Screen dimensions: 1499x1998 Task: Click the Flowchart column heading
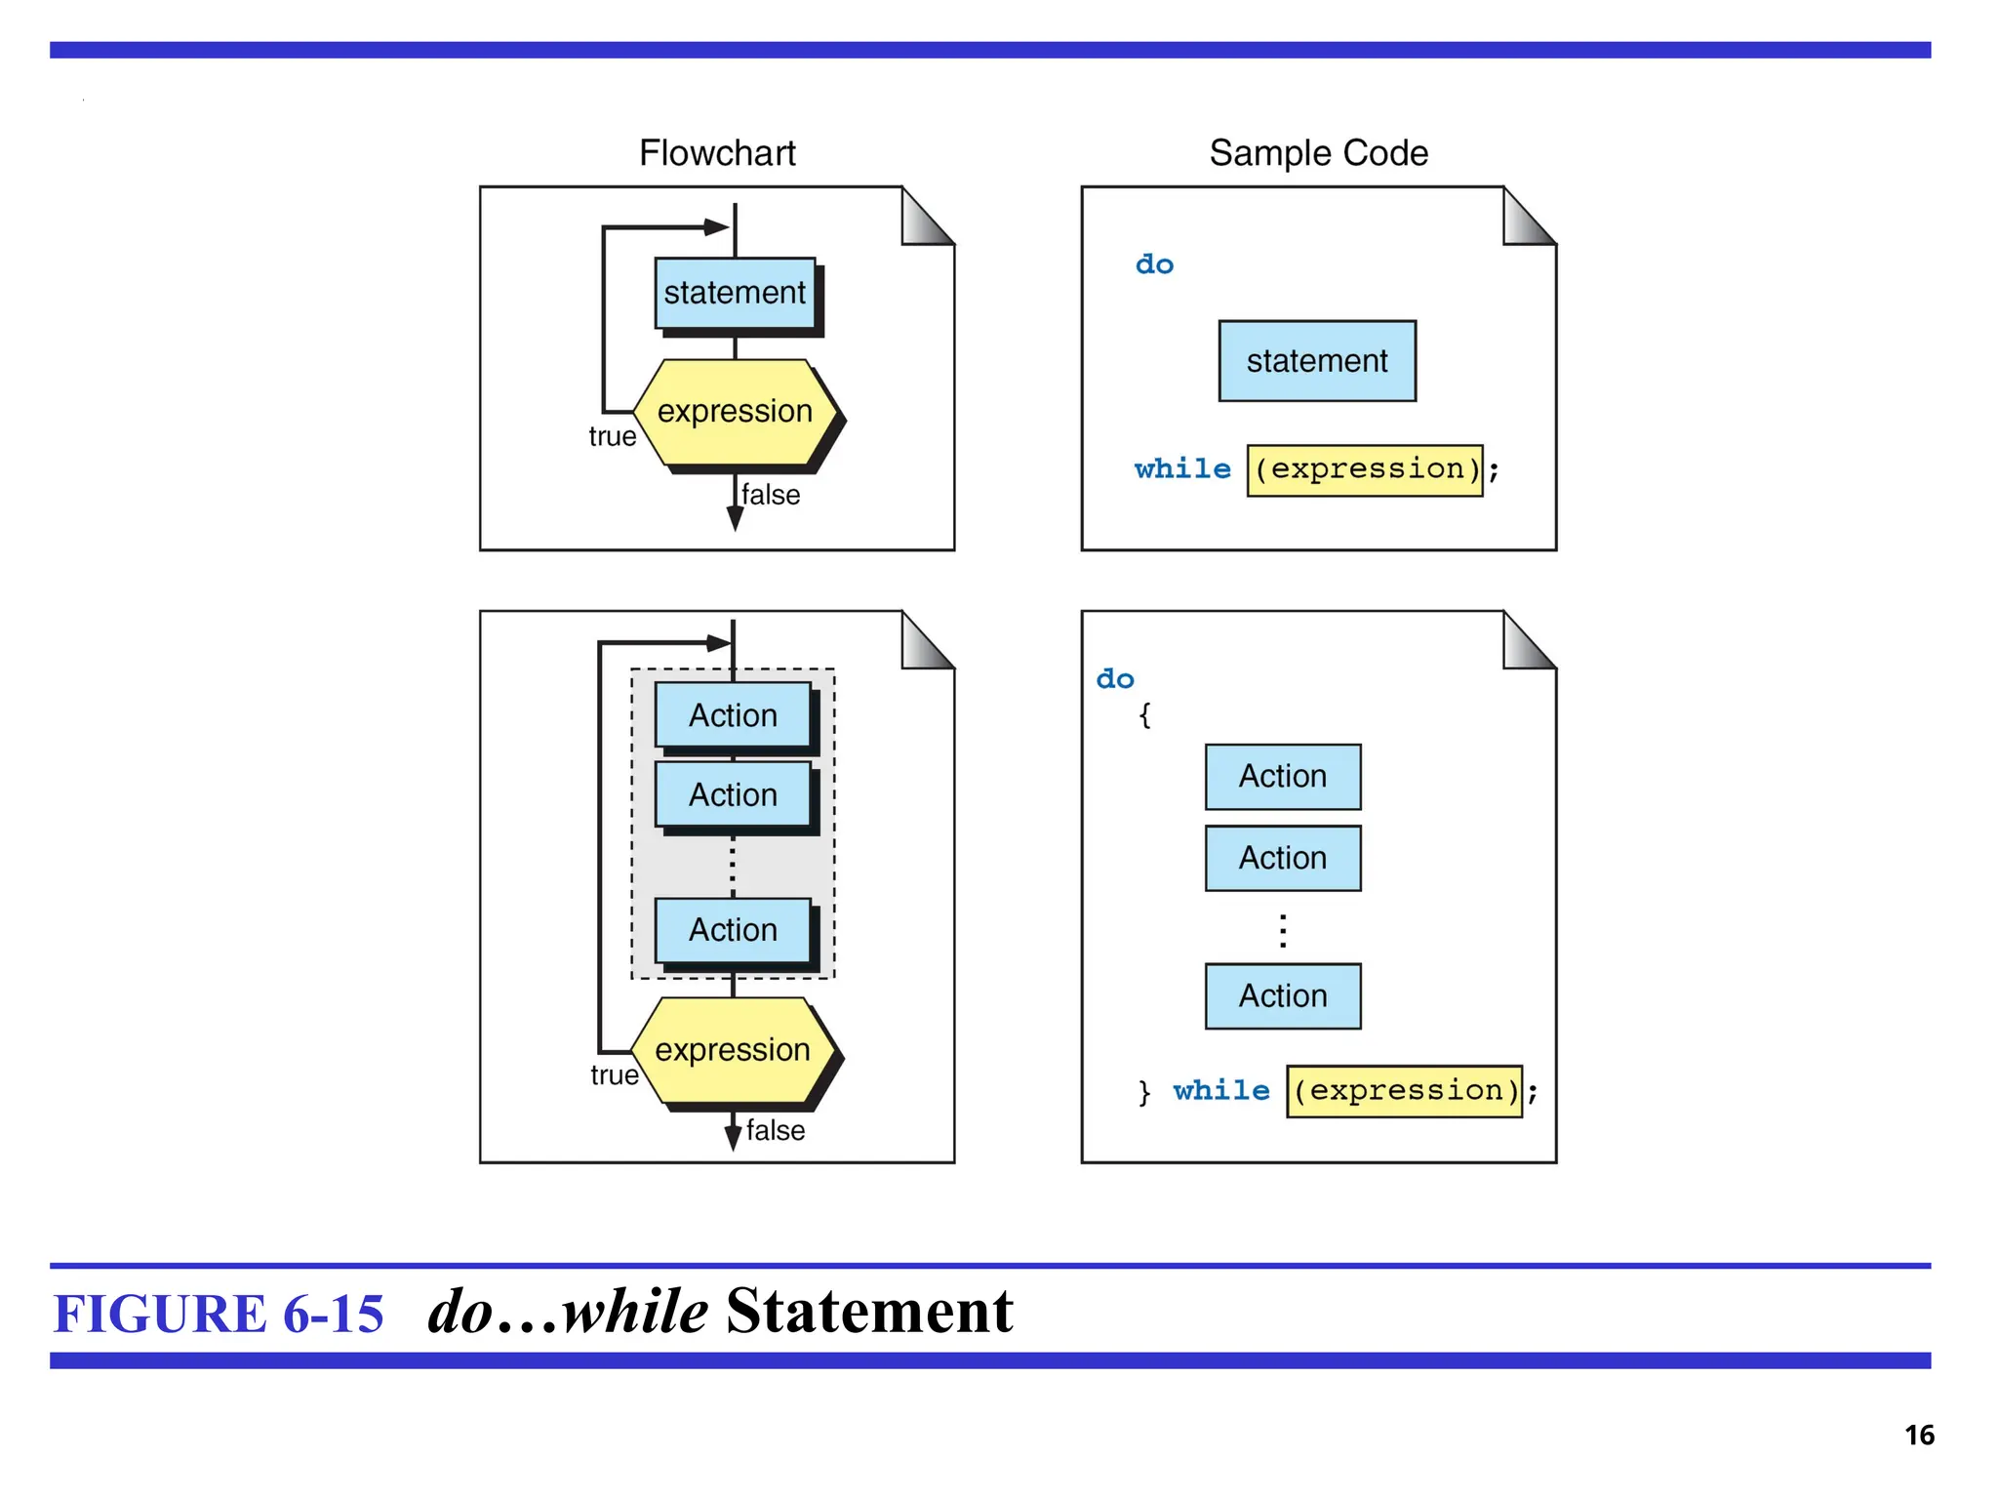pos(717,153)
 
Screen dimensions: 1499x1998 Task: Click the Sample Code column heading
pos(1318,153)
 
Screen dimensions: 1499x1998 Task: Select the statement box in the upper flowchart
pos(735,293)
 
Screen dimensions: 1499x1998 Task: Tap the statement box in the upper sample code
pos(1316,361)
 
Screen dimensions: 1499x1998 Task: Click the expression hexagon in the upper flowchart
pos(735,412)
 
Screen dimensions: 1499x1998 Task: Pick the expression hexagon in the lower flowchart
pos(733,1050)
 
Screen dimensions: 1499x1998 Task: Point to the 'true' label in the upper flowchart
pos(612,436)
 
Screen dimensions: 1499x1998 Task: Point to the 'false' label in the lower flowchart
pos(776,1130)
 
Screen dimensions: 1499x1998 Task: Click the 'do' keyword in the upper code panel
pos(1154,264)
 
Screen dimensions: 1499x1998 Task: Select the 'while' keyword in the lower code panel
pos(1220,1090)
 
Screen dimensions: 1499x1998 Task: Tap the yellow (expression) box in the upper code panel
pos(1364,469)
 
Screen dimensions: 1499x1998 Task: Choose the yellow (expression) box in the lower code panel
pos(1404,1090)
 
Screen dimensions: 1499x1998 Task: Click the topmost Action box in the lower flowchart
pos(733,715)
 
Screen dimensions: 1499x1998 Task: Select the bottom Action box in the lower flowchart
pos(733,930)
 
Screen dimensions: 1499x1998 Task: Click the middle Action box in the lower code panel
pos(1282,858)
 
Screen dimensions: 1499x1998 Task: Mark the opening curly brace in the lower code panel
pos(1144,715)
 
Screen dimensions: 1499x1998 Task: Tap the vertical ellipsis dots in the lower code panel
pos(1282,930)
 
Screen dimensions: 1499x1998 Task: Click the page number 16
pos(1918,1435)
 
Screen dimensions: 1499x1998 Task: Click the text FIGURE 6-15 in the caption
pos(219,1313)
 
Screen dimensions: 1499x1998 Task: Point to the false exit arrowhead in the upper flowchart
pos(735,518)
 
